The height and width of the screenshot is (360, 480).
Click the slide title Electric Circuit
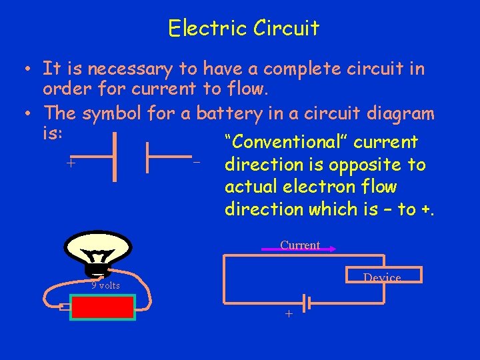pyautogui.click(x=243, y=28)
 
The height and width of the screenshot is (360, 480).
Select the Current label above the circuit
pyautogui.click(x=300, y=245)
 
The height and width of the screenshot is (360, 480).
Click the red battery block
pyautogui.click(x=103, y=307)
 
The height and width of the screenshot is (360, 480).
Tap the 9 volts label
pyautogui.click(x=105, y=285)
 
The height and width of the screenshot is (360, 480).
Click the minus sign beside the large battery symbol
pyautogui.click(x=196, y=162)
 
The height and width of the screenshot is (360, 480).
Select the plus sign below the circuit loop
pyautogui.click(x=289, y=313)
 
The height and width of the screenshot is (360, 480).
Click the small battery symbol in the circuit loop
pyautogui.click(x=304, y=303)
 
